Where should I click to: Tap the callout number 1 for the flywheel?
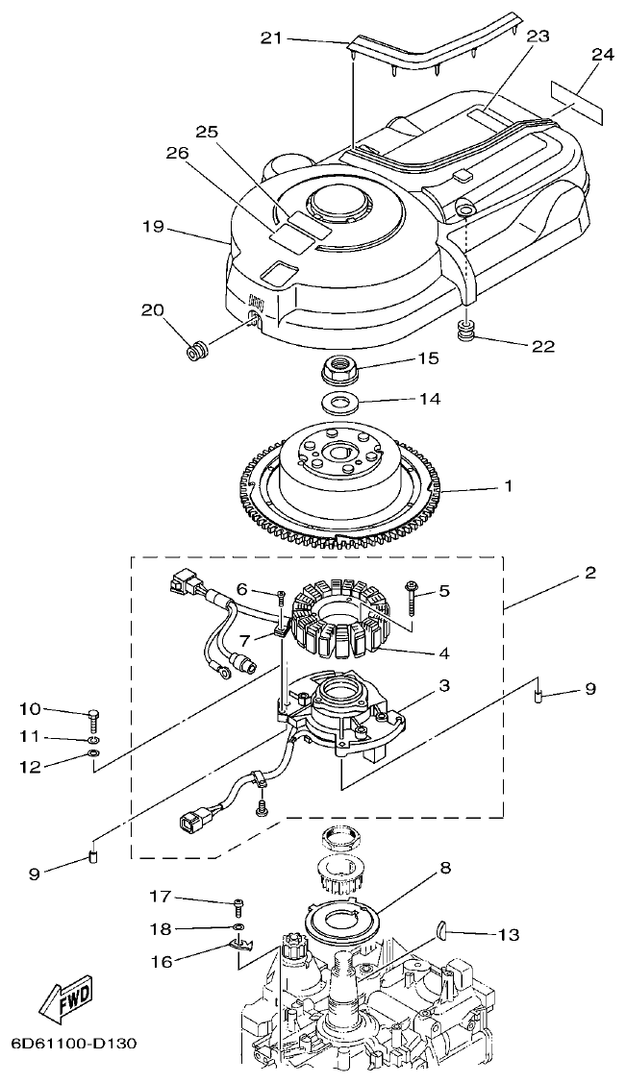(x=508, y=486)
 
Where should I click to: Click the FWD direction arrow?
(x=65, y=1003)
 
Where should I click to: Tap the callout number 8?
(x=445, y=868)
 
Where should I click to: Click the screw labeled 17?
(x=238, y=903)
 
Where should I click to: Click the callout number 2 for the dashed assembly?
(x=589, y=574)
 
